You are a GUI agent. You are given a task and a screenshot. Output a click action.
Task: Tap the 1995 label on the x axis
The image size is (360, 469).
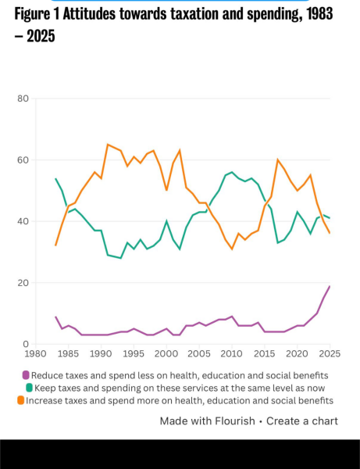pyautogui.click(x=133, y=354)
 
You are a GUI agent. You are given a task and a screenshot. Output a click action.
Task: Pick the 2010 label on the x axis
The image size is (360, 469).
pyautogui.click(x=232, y=354)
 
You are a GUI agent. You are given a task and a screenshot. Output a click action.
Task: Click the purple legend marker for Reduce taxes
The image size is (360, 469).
pyautogui.click(x=26, y=374)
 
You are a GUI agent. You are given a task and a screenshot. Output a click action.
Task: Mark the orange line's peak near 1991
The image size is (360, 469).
pyautogui.click(x=108, y=145)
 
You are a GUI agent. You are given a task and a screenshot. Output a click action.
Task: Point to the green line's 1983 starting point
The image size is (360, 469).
pyautogui.click(x=55, y=179)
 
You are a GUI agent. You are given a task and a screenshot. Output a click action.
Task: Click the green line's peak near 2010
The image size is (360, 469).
pyautogui.click(x=232, y=172)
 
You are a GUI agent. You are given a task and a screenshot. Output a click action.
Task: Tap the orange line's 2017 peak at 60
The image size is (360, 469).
pyautogui.click(x=277, y=159)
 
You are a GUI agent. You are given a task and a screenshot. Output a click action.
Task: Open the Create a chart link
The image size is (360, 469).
pyautogui.click(x=302, y=421)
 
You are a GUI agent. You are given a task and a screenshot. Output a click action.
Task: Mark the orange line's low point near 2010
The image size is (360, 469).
pyautogui.click(x=232, y=249)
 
